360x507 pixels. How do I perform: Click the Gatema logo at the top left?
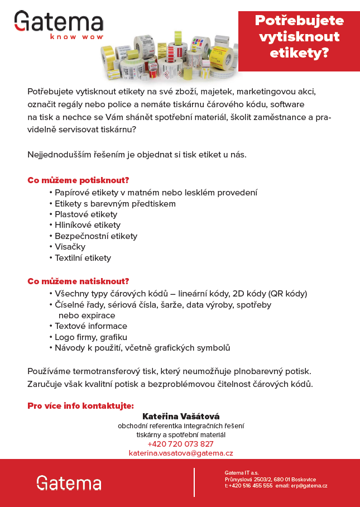click(x=59, y=22)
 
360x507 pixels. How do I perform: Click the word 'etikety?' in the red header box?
click(x=299, y=53)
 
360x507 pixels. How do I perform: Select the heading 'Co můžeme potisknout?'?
click(x=78, y=180)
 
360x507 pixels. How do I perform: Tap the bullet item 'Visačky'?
click(x=70, y=247)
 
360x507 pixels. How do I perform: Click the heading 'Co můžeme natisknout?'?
click(x=78, y=281)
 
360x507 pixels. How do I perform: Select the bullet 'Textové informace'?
click(x=91, y=326)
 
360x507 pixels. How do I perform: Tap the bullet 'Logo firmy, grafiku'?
click(x=91, y=337)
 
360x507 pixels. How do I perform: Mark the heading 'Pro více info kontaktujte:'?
click(x=80, y=405)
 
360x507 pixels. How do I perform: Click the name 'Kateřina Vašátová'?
click(x=181, y=417)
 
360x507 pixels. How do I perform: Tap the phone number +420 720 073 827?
click(x=181, y=444)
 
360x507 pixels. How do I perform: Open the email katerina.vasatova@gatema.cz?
click(x=181, y=453)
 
